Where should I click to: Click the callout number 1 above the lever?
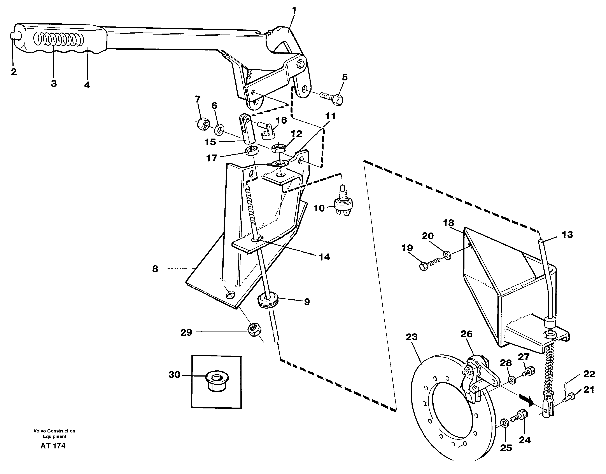pos(294,11)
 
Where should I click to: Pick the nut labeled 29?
pos(254,330)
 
